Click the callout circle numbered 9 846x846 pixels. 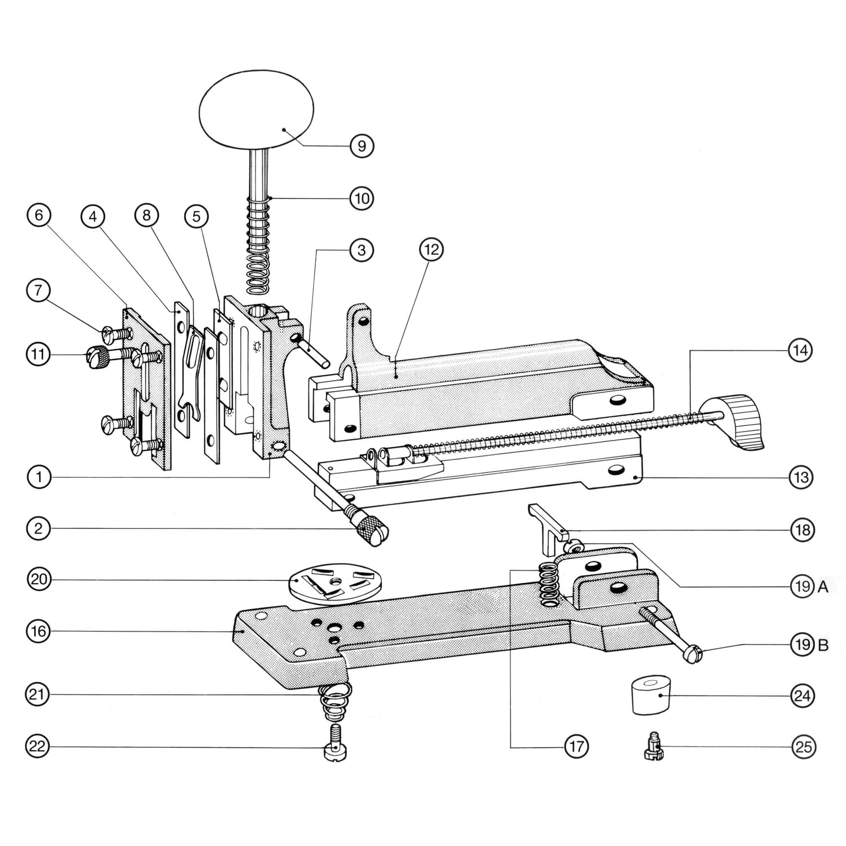click(x=362, y=146)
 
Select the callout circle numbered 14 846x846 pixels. click(x=800, y=351)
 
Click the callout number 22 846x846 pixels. click(x=38, y=747)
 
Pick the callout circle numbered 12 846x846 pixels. click(x=431, y=249)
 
